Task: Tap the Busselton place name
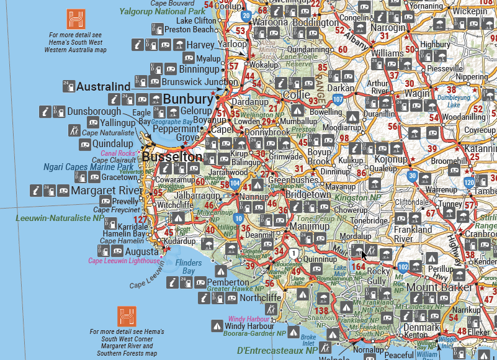point(172,157)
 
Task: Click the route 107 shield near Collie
point(338,98)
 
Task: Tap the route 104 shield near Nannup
point(235,184)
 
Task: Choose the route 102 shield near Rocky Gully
point(403,267)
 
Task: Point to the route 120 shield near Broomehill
point(469,182)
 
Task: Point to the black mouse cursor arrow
point(364,254)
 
